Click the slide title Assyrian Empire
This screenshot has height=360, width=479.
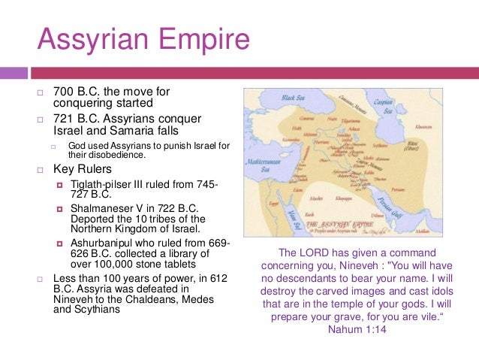(x=143, y=38)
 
